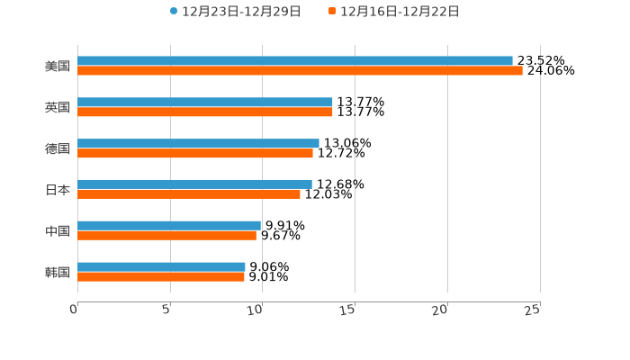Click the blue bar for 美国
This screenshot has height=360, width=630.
tap(295, 61)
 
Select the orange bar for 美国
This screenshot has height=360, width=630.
tap(300, 71)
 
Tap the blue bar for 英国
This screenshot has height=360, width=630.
tap(205, 103)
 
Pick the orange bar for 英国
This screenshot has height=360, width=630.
tap(205, 112)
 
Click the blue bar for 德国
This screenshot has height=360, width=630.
tap(198, 143)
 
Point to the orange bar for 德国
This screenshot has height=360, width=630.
tap(195, 153)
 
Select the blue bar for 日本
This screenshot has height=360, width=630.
tap(194, 184)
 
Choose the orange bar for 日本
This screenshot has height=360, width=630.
tap(189, 194)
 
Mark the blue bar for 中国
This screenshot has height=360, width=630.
tap(169, 226)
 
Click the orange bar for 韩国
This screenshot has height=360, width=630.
tap(161, 277)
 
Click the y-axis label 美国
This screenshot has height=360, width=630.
tap(58, 67)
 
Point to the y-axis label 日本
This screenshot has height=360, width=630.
tap(58, 190)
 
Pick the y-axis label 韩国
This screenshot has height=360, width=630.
tap(58, 272)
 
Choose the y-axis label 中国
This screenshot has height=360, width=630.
tap(58, 231)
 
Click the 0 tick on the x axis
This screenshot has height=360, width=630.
tap(75, 310)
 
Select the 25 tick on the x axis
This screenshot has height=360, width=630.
tap(533, 310)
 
